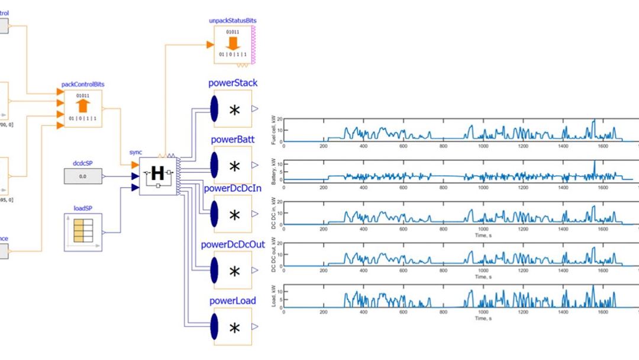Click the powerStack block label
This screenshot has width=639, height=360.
click(x=233, y=83)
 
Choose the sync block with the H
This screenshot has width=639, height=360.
click(x=158, y=173)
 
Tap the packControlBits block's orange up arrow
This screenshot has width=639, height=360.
click(x=83, y=107)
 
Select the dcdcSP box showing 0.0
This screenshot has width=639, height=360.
click(x=83, y=176)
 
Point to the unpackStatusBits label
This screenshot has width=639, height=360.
click(x=233, y=21)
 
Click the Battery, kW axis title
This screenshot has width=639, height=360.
click(x=273, y=170)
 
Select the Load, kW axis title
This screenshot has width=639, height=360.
click(x=273, y=295)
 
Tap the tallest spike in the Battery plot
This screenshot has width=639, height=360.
click(x=594, y=162)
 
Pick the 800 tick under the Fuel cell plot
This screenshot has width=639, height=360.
click(x=443, y=146)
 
